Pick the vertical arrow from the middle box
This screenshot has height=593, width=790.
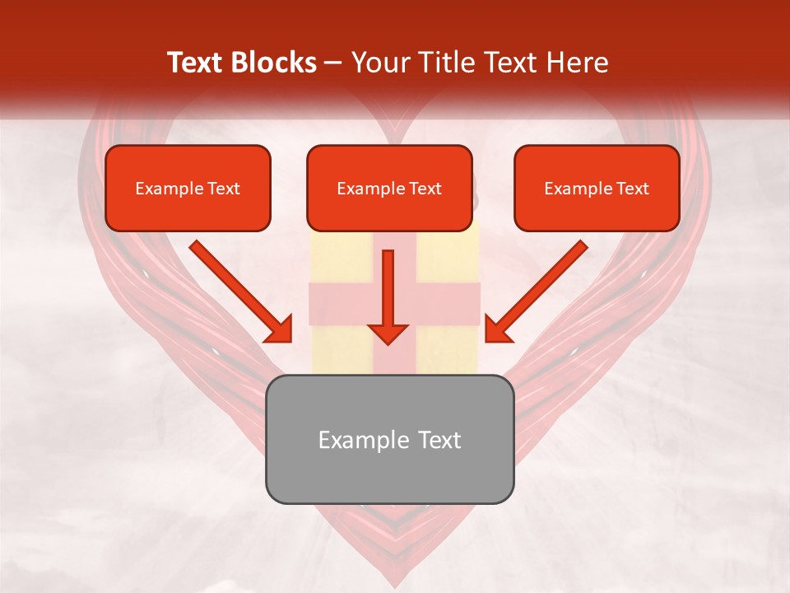pyautogui.click(x=388, y=296)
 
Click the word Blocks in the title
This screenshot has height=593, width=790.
pyautogui.click(x=274, y=63)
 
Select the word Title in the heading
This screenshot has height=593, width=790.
pyautogui.click(x=447, y=63)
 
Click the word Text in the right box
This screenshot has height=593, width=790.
pyautogui.click(x=632, y=189)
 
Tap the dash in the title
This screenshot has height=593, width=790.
pyautogui.click(x=333, y=63)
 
